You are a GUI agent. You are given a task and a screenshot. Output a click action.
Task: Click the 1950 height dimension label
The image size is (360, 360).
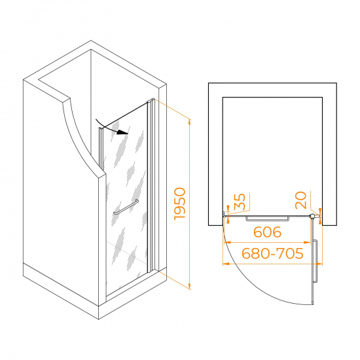(180, 204)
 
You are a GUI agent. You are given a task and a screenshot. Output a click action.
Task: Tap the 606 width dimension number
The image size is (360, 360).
(268, 232)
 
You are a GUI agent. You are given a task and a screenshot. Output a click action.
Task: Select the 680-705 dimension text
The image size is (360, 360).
(272, 253)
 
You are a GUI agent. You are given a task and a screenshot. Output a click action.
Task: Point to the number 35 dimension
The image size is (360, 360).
(240, 202)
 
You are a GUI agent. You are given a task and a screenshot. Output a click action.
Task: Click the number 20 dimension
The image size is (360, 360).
(301, 200)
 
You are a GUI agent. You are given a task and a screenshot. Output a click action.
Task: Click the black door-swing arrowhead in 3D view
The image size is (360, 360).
(123, 132)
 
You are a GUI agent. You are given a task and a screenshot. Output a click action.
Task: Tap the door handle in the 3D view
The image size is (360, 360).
(126, 207)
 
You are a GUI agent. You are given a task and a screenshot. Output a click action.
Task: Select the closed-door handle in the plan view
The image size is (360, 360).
(268, 219)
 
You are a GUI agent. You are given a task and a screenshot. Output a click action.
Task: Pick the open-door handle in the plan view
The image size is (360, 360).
(315, 261)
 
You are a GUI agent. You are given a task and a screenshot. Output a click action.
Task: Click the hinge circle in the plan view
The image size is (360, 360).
(312, 216)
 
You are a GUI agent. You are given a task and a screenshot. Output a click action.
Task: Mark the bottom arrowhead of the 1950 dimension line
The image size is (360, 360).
(189, 286)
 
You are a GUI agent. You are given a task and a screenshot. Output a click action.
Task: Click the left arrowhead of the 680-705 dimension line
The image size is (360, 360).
(226, 264)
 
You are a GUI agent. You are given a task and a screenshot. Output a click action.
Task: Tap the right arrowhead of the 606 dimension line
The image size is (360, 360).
(307, 242)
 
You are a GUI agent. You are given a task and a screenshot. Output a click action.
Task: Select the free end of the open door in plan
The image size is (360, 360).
(313, 304)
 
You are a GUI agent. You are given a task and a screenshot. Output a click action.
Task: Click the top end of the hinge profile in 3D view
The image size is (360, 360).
(151, 100)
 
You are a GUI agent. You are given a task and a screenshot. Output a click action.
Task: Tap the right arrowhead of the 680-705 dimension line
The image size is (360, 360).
(319, 264)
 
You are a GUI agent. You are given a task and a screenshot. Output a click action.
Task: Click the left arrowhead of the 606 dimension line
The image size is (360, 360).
(227, 242)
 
